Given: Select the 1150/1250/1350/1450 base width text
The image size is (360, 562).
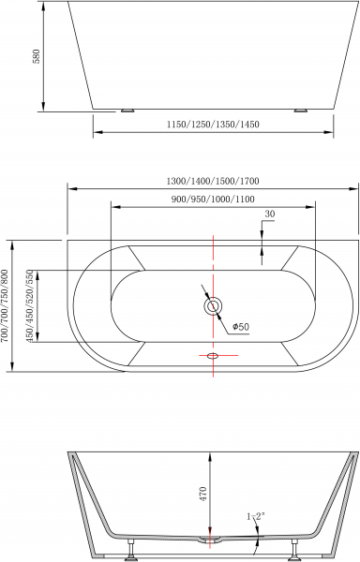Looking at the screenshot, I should pos(215,125).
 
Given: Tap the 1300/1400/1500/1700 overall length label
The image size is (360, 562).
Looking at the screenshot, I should pos(212,181).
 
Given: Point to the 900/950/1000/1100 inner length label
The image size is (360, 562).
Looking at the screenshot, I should pos(212,200).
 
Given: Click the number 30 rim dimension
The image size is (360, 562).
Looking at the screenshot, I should pos(269,214).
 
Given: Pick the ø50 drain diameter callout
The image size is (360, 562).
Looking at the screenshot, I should pos(239,326).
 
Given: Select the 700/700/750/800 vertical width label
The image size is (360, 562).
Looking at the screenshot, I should pos(7,305).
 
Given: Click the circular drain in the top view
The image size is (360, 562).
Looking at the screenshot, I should pos(213,305).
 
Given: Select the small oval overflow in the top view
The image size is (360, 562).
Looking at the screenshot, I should pos(213,356).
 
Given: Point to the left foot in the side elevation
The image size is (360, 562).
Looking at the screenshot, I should pos(127,111).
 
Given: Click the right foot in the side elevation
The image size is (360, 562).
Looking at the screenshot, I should pos(300,111).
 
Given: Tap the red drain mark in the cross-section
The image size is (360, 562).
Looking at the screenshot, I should pos(213,540).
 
